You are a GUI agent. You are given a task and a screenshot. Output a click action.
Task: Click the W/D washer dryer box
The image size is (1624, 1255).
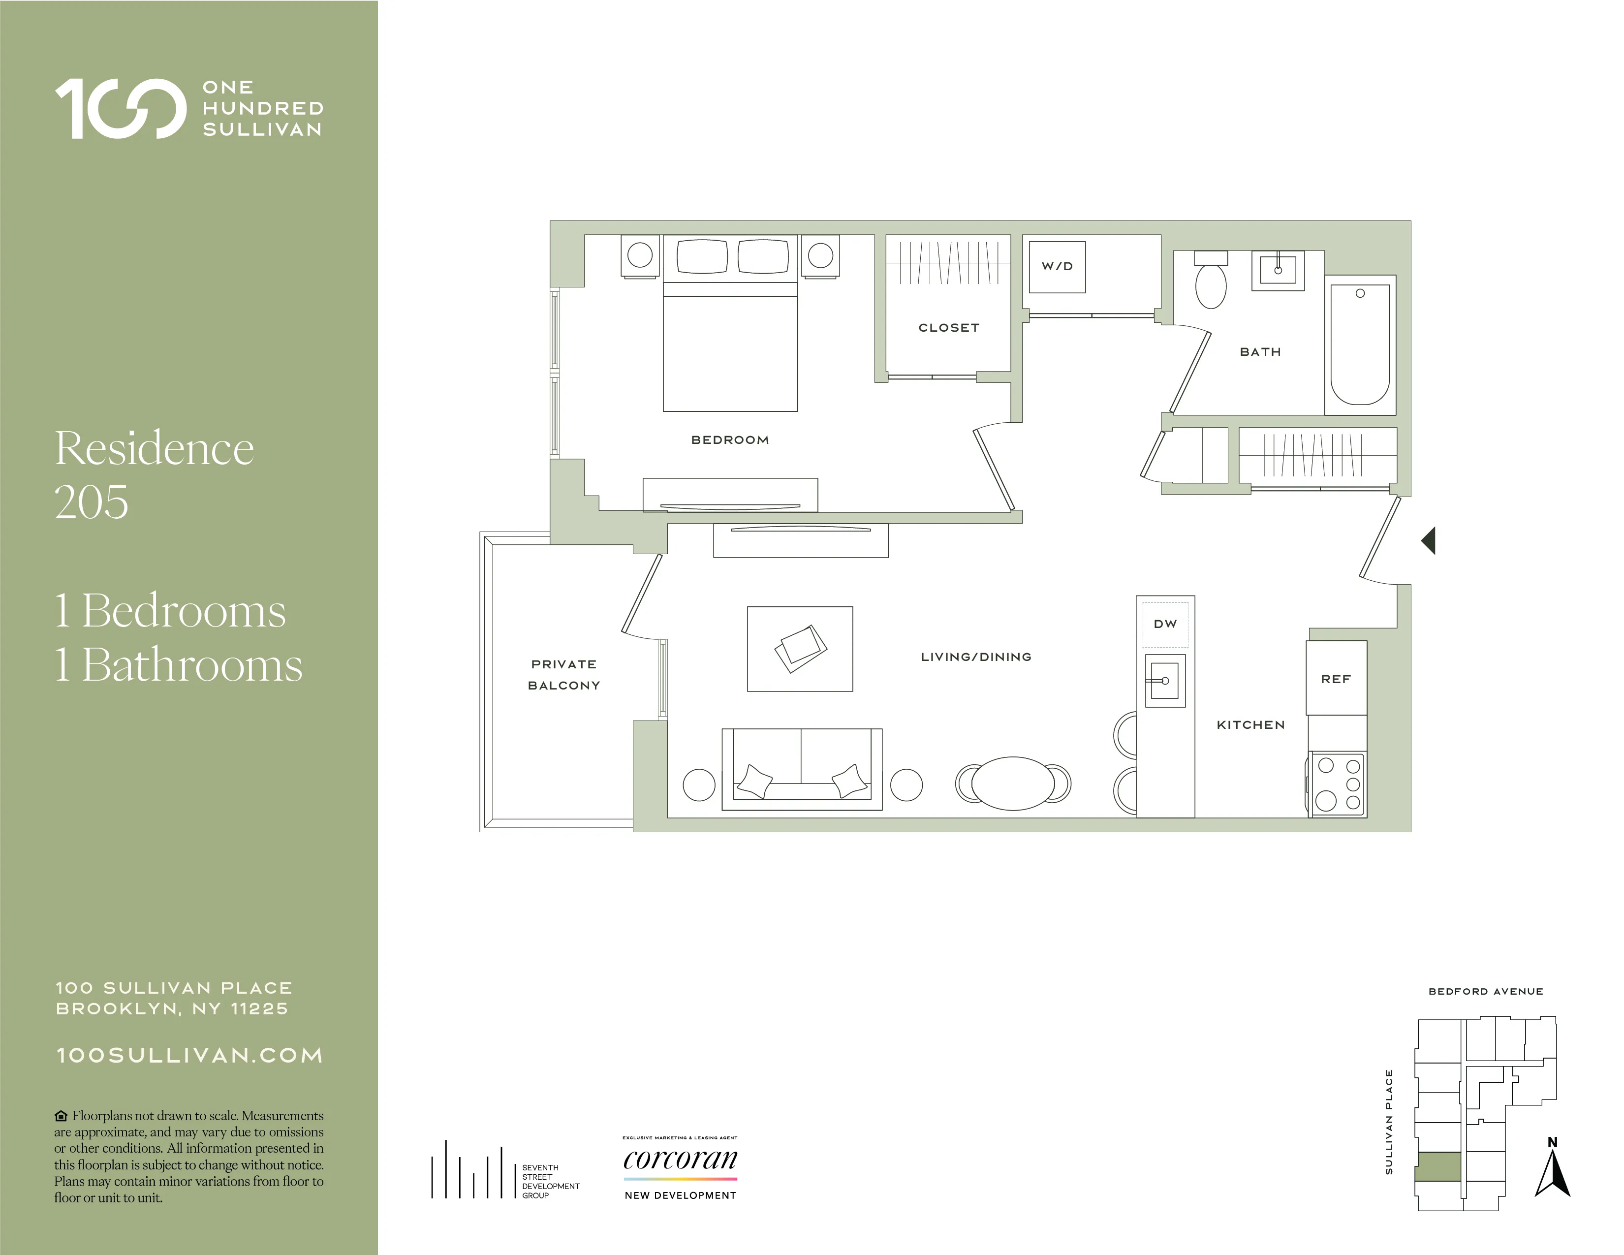(1057, 266)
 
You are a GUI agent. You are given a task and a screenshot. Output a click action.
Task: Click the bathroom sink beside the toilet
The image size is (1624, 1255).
(1278, 270)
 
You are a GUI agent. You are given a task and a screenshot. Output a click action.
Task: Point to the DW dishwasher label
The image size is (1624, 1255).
(1165, 624)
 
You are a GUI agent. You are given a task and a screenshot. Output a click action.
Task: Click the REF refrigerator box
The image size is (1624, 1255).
(1336, 678)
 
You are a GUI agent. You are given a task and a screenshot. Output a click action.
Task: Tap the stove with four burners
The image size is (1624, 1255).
(1338, 784)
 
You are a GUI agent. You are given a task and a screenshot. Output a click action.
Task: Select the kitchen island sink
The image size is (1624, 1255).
(1164, 680)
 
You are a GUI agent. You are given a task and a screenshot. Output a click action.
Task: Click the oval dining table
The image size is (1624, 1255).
(1013, 783)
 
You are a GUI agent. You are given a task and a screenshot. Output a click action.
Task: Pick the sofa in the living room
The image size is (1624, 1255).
(802, 770)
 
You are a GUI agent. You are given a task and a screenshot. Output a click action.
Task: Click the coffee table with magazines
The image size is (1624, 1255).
(800, 648)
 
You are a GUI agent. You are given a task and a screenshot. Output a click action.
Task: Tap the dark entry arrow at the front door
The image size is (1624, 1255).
(1429, 540)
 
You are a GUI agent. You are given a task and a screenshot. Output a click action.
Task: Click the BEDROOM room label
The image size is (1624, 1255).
(729, 440)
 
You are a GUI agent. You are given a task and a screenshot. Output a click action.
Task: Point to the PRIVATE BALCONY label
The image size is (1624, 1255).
(563, 674)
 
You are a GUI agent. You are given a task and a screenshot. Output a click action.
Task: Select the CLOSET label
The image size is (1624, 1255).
(949, 328)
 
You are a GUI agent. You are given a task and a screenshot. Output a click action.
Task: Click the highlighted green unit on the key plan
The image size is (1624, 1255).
(1438, 1166)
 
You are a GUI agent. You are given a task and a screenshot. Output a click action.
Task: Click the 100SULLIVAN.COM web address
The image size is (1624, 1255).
(189, 1056)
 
